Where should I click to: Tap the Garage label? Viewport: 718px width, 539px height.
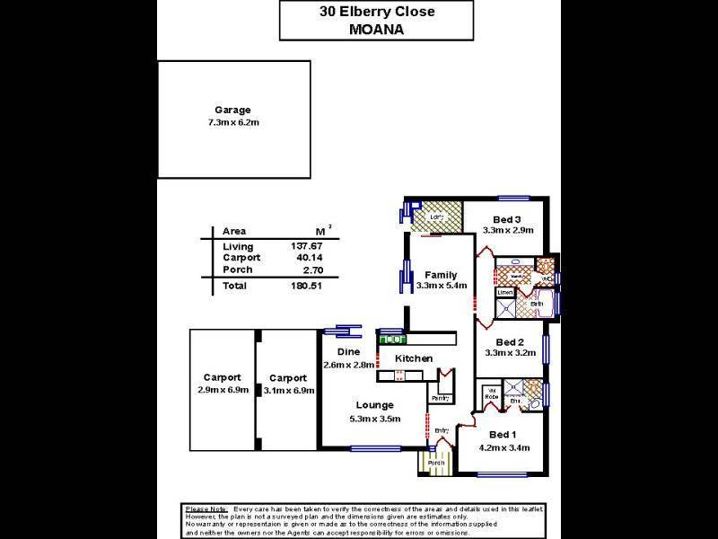point(232,110)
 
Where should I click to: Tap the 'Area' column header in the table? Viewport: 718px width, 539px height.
point(234,231)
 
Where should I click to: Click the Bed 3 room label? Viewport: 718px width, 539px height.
point(508,219)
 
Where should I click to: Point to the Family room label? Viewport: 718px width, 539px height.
point(437,275)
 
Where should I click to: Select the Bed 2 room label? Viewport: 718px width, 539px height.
point(509,341)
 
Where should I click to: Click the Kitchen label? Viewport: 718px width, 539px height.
point(414,358)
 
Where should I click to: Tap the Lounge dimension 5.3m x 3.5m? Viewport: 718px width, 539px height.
point(374,419)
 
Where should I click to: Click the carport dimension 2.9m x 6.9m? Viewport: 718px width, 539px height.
point(222,390)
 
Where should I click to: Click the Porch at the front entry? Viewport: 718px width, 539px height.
point(435,464)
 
